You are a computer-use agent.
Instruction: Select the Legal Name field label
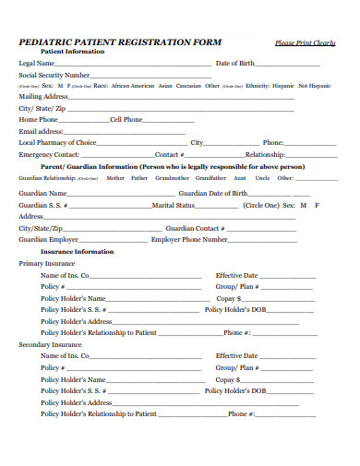(x=38, y=63)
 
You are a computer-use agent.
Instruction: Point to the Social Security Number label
(x=54, y=74)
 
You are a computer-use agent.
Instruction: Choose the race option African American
(x=133, y=85)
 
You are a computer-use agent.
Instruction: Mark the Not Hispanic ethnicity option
(x=314, y=85)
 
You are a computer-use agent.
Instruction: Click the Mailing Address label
(x=43, y=96)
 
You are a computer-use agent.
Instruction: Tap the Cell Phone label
(x=126, y=119)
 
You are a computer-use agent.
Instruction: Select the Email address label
(x=42, y=131)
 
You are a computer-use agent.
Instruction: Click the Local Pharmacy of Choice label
(x=57, y=142)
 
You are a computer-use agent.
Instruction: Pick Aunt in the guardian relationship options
(x=239, y=177)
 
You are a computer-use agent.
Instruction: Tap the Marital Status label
(x=174, y=205)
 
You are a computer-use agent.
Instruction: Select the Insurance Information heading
(x=77, y=251)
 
